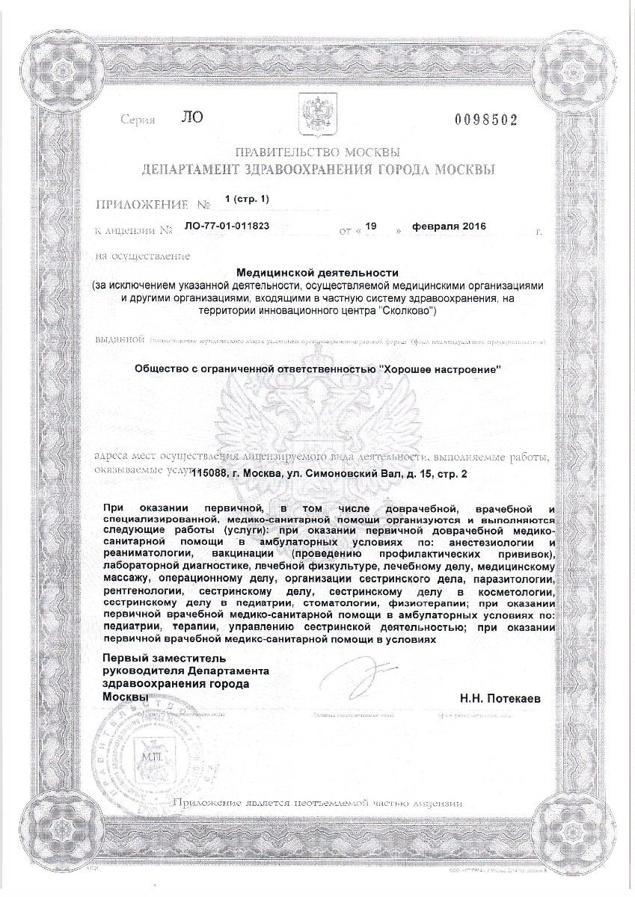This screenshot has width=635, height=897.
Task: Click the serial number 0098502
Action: [x=485, y=120]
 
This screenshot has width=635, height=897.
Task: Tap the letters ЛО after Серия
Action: [x=191, y=117]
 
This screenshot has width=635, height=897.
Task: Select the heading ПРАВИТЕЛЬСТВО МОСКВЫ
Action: [x=317, y=154]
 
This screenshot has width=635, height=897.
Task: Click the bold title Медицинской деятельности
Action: [x=317, y=274]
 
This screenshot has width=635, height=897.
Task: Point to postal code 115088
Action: [x=214, y=473]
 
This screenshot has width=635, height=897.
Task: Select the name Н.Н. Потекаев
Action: [x=500, y=698]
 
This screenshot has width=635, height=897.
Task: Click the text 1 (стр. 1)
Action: [x=245, y=198]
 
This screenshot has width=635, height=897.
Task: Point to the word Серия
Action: [x=138, y=120]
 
